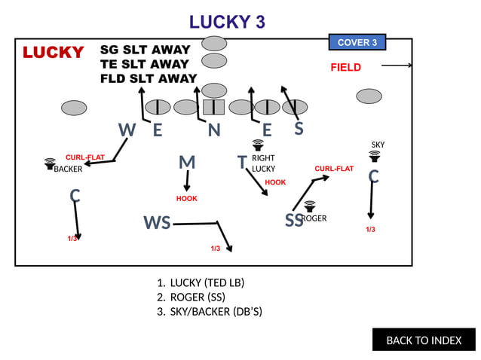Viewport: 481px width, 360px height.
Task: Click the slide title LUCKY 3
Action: tap(227, 22)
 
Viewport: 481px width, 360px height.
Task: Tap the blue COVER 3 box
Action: tap(357, 42)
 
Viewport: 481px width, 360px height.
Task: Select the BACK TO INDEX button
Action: tap(424, 340)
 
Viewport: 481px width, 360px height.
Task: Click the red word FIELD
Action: tap(345, 68)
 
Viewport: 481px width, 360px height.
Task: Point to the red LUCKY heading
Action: tap(53, 53)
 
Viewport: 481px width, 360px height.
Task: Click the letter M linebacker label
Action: tap(187, 163)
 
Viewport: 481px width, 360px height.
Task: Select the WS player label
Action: tap(157, 223)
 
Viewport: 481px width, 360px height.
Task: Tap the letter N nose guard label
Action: tap(214, 130)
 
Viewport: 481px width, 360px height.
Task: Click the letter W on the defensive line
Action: tap(127, 130)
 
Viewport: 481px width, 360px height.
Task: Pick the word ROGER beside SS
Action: tap(314, 218)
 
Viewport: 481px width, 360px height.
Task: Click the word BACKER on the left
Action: tap(68, 169)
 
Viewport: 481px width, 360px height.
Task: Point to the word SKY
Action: tap(378, 145)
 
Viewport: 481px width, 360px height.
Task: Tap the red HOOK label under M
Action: tap(186, 199)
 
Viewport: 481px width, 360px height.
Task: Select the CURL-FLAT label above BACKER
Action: tap(84, 157)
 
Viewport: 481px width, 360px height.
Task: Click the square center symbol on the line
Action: tap(214, 107)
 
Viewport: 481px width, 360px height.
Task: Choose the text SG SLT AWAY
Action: tap(145, 50)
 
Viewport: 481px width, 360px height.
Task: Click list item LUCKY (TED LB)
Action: tap(207, 282)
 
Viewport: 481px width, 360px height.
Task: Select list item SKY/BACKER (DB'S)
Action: tap(216, 311)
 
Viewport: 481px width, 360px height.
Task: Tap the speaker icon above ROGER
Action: tap(309, 206)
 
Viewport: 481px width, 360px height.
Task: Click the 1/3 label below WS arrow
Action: tap(215, 248)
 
